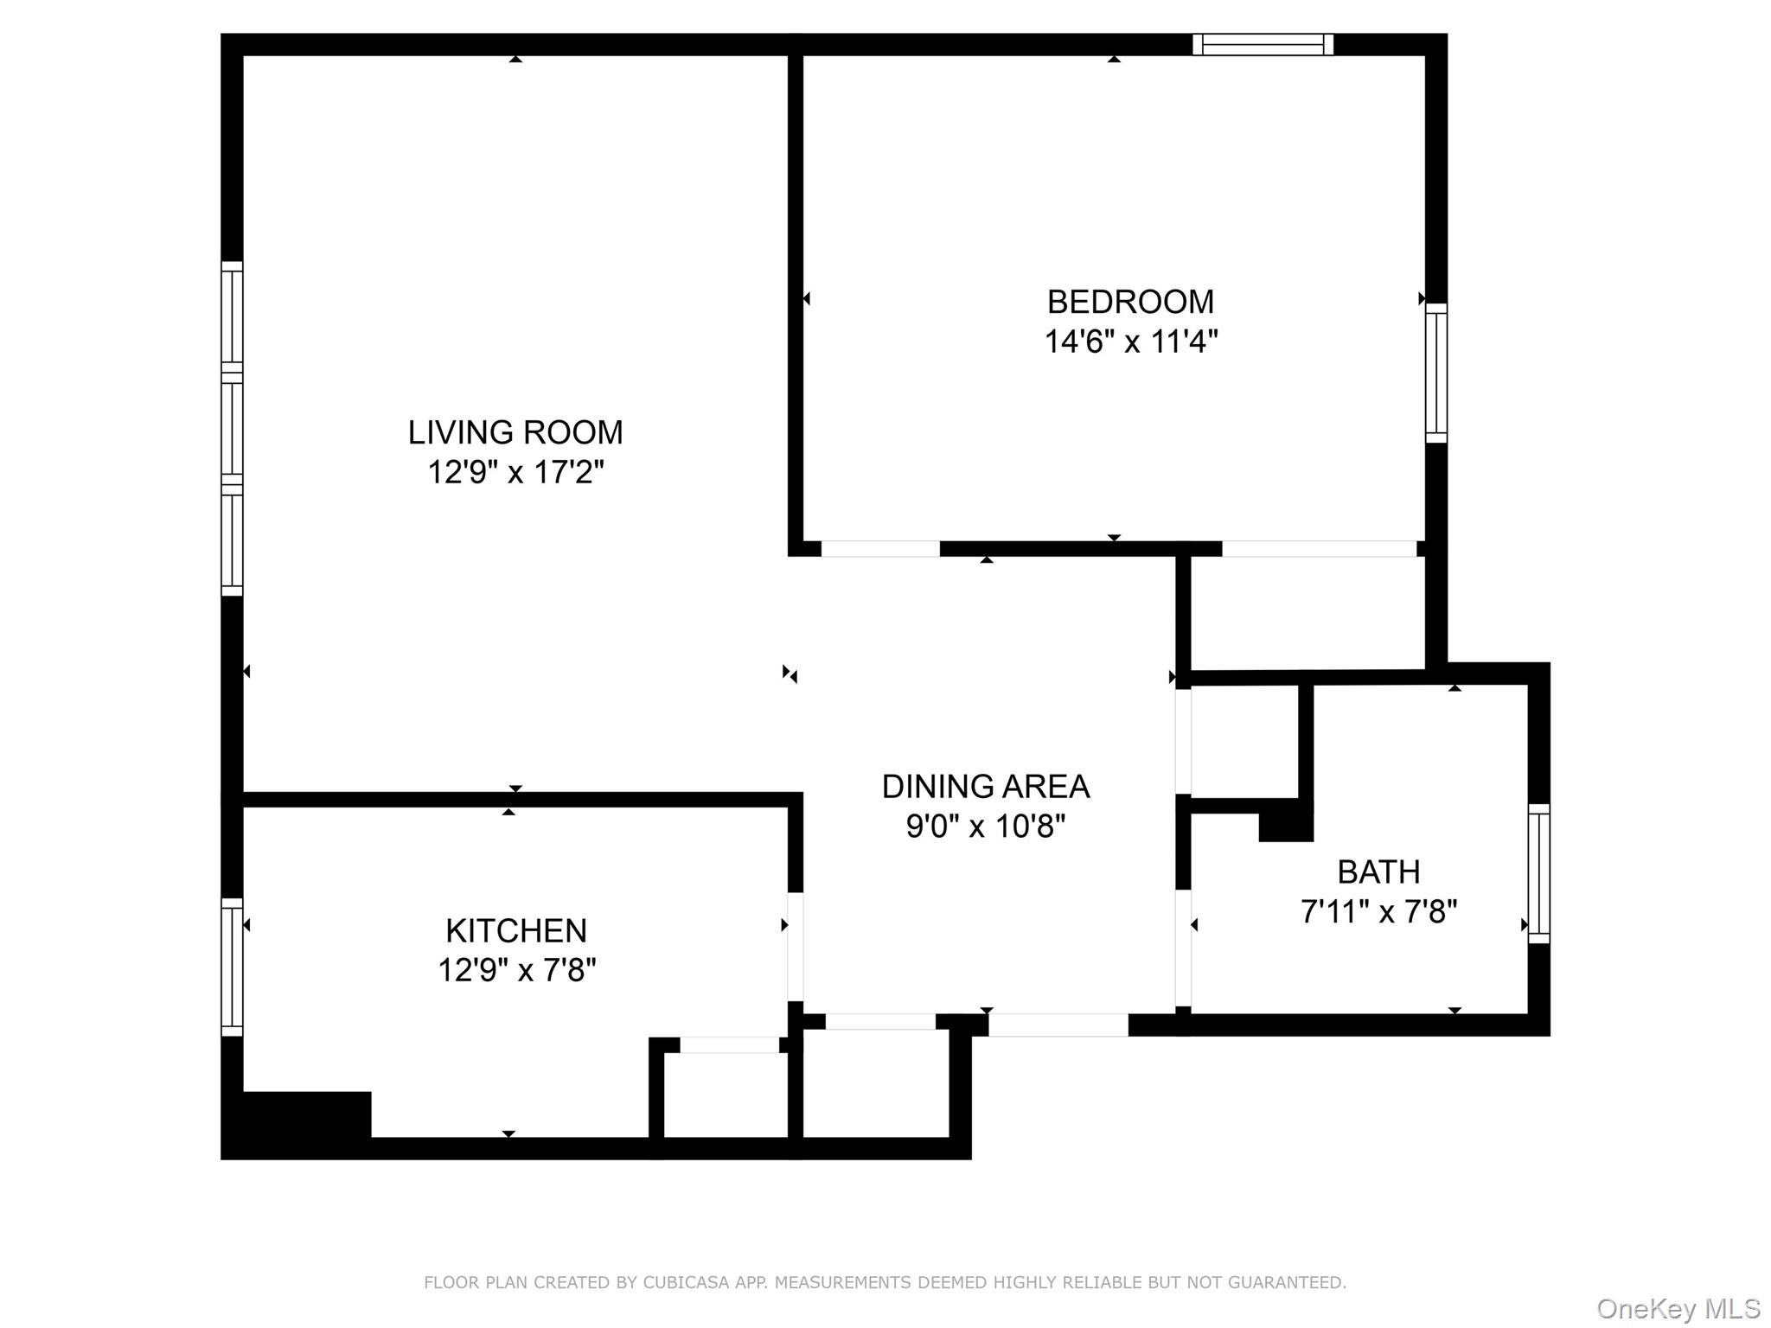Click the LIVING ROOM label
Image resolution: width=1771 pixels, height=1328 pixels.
click(515, 432)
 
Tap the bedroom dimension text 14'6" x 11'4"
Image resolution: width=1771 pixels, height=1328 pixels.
click(1130, 342)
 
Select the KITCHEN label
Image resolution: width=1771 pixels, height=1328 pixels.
click(516, 930)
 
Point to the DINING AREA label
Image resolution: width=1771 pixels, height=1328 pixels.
click(985, 787)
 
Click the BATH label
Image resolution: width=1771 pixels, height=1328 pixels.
click(1378, 871)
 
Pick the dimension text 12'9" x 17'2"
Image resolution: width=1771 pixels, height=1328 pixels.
click(515, 473)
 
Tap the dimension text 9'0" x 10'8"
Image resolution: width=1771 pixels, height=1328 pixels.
click(985, 827)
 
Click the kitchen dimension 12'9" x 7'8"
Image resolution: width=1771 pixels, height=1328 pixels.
click(516, 971)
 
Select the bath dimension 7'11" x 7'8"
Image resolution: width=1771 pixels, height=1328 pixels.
click(1378, 912)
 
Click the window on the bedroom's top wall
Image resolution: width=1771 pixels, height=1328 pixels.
click(1263, 44)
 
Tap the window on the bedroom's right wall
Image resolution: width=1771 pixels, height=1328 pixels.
click(1435, 373)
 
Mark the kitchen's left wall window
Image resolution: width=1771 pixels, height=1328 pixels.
click(232, 967)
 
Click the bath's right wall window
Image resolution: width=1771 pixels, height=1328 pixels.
click(1538, 873)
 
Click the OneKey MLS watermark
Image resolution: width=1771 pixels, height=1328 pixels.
click(1678, 1309)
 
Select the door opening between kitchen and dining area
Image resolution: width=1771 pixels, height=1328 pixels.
click(795, 946)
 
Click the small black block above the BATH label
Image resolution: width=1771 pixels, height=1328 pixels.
click(1286, 821)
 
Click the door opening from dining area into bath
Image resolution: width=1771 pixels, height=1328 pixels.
click(1183, 948)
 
